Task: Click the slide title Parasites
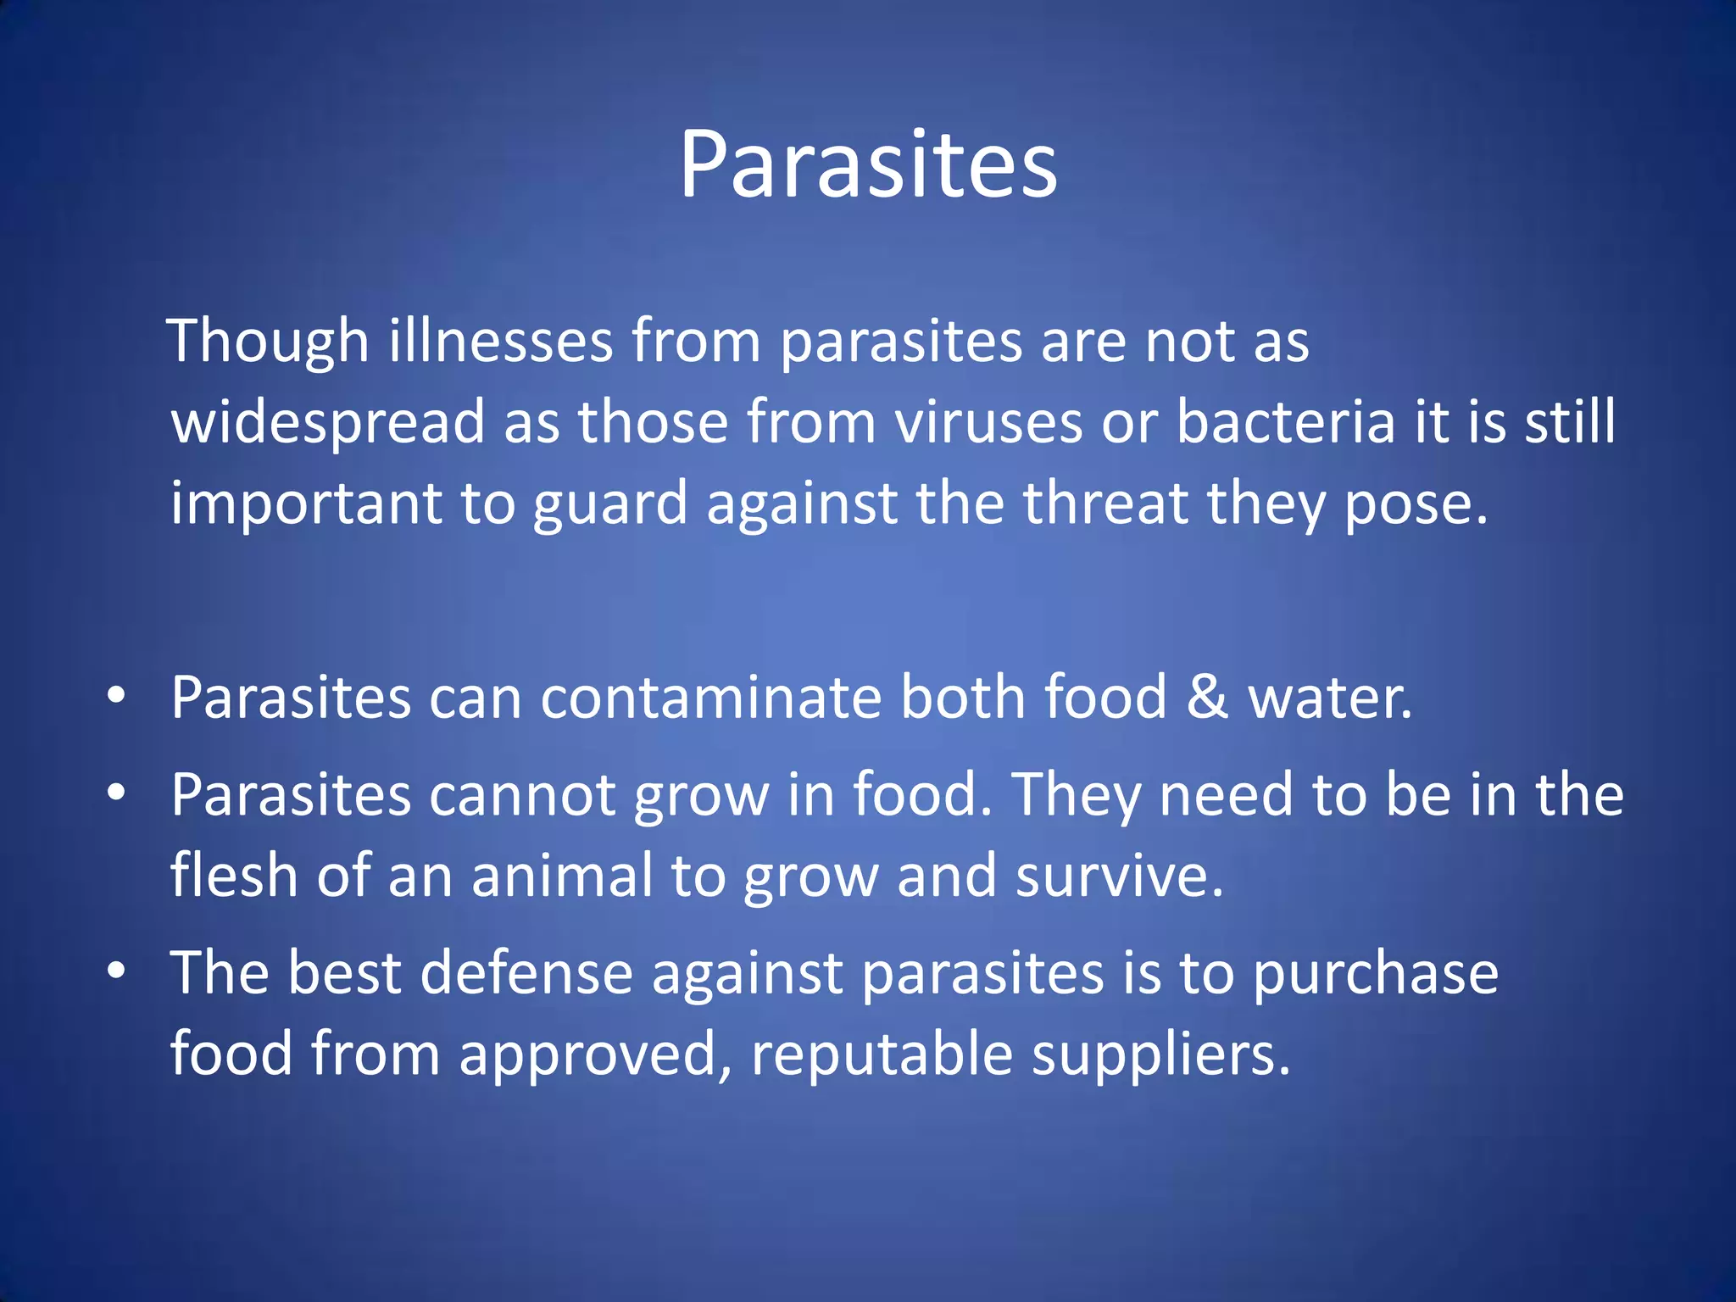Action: tap(868, 165)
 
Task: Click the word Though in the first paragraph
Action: tap(268, 342)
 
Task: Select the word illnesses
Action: tap(501, 342)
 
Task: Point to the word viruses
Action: tap(988, 422)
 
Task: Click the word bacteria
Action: tap(1285, 422)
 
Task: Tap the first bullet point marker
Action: tap(117, 697)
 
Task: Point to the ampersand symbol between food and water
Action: tap(1207, 697)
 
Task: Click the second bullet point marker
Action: tap(117, 793)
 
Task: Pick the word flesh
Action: tap(233, 875)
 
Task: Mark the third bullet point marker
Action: tap(117, 971)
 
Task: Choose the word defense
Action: tap(526, 972)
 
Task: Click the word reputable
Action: tap(882, 1054)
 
